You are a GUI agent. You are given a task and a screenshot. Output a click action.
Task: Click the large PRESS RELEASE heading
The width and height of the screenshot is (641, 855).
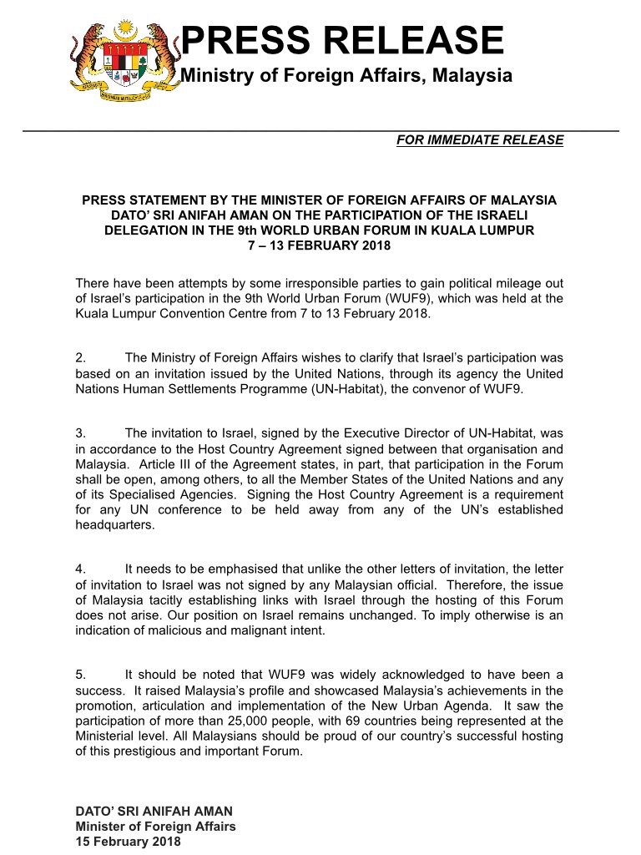342,41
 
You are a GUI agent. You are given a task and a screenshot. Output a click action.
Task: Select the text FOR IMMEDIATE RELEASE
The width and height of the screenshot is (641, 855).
480,140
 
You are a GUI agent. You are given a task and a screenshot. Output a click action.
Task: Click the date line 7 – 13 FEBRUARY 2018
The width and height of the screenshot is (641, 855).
319,245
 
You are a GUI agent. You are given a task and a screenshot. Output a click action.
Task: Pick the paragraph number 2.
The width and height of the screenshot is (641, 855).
80,358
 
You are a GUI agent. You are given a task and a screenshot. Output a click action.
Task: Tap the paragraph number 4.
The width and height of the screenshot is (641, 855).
80,569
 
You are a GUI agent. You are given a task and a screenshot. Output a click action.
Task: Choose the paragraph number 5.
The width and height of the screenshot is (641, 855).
80,675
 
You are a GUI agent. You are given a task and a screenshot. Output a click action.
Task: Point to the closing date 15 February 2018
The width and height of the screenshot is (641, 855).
128,842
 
